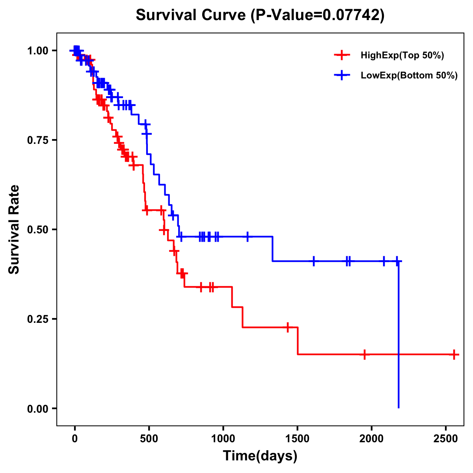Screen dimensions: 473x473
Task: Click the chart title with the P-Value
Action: coord(260,15)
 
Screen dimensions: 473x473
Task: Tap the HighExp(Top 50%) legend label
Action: coord(402,56)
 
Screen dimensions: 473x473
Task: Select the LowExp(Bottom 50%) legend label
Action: coord(409,76)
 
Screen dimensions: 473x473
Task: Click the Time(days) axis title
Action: coord(260,456)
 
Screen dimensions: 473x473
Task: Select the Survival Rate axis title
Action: coord(14,229)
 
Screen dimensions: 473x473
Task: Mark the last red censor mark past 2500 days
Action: coord(454,354)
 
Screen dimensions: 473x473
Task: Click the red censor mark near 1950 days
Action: coord(365,354)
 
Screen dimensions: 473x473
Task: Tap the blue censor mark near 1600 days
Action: coord(314,261)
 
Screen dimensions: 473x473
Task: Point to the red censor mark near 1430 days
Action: coord(288,327)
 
